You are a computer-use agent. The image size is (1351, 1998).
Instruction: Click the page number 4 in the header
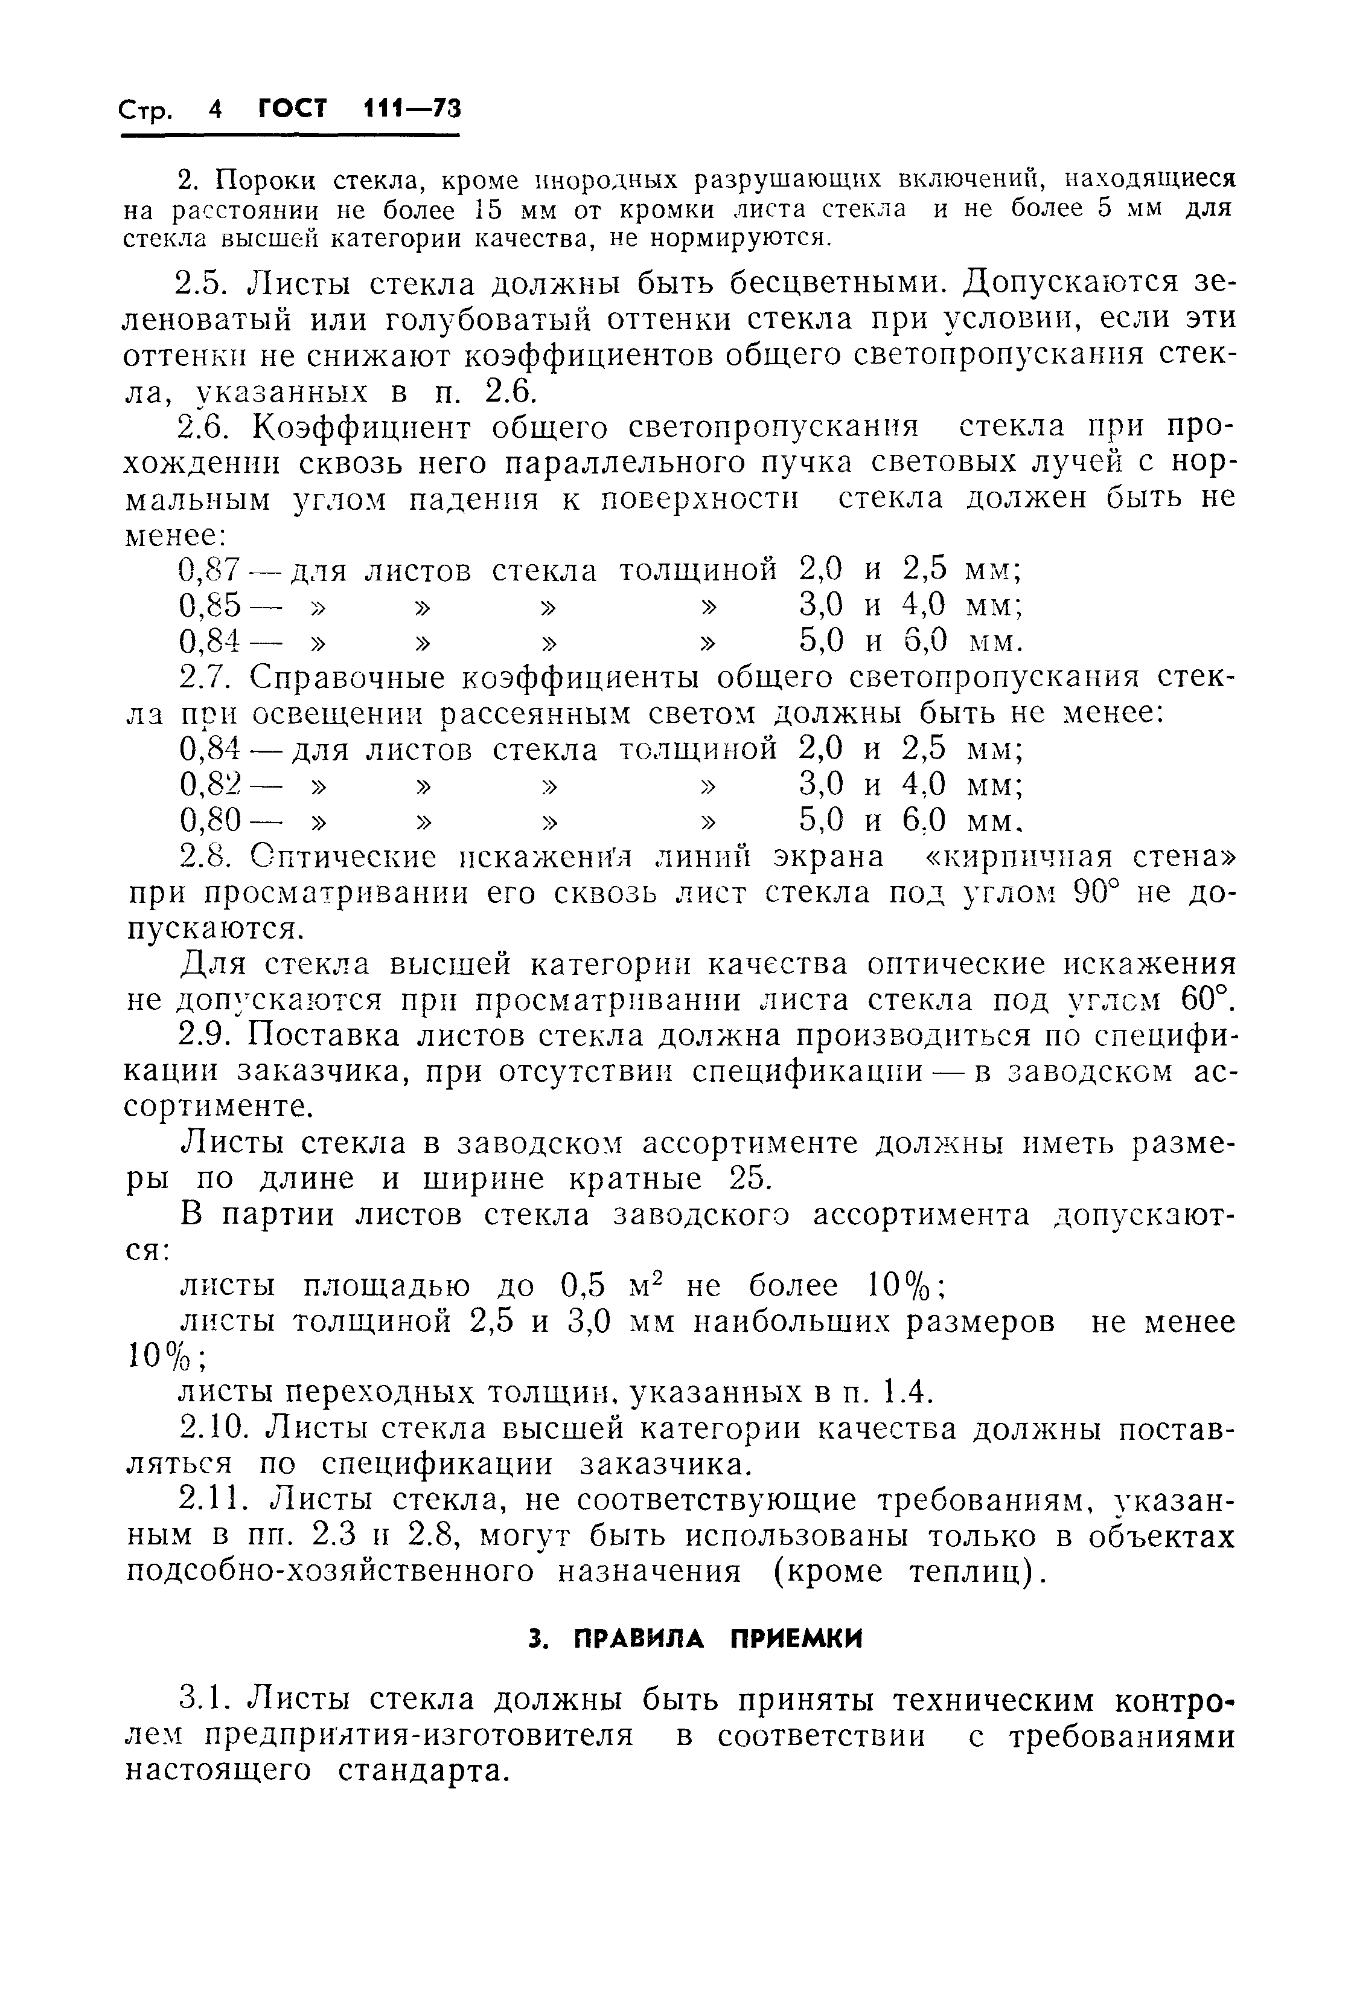click(215, 109)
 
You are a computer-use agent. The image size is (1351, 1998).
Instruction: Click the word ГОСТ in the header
click(293, 109)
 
